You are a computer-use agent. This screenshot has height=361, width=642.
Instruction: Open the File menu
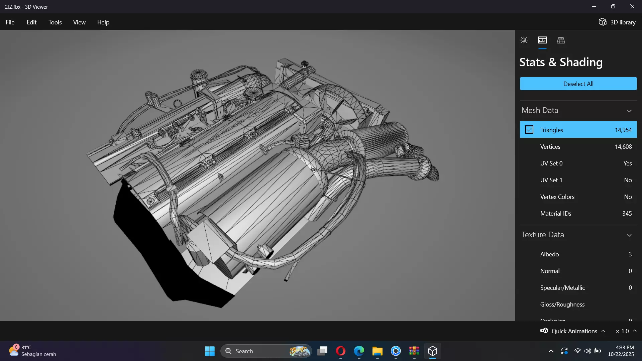[x=10, y=22]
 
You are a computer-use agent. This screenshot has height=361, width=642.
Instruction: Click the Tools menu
[x=55, y=22]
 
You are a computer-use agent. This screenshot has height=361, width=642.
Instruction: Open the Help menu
[x=103, y=22]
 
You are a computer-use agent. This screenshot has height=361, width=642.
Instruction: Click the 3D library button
[x=617, y=22]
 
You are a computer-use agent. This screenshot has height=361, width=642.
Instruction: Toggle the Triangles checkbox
[x=529, y=130]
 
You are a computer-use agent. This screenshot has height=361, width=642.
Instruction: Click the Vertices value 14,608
[x=623, y=147]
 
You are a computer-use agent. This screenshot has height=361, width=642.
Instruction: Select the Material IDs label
[x=555, y=214]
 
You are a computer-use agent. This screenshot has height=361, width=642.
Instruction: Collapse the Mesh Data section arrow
[x=629, y=111]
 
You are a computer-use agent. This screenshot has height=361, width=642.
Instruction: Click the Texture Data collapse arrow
[x=629, y=235]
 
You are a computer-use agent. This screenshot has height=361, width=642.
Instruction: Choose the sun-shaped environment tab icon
[x=524, y=40]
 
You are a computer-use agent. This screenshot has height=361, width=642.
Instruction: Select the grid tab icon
[x=561, y=40]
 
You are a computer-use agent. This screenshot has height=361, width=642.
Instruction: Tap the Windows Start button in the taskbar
[x=210, y=351]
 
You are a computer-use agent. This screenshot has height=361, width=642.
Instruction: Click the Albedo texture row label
[x=549, y=254]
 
